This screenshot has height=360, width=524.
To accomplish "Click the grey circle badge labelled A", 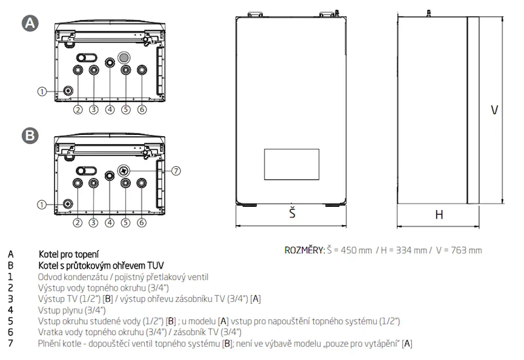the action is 30,23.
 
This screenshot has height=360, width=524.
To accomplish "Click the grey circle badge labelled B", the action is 30,135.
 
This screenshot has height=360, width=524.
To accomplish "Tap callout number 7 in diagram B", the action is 176,171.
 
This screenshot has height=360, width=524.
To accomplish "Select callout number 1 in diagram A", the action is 42,91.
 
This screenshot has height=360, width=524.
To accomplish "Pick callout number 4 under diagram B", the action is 109,223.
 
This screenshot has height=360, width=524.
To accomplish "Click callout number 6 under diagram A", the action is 142,109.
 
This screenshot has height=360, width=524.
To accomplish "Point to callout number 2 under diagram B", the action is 77,223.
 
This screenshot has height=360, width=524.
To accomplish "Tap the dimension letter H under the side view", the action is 439,215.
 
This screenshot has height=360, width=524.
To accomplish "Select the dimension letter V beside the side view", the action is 495,110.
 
